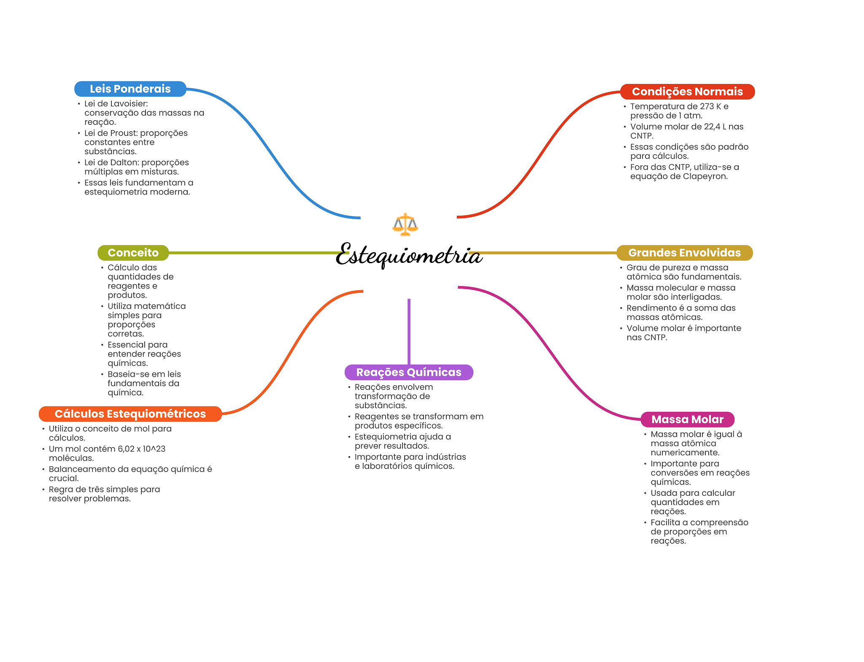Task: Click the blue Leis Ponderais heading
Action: pyautogui.click(x=130, y=89)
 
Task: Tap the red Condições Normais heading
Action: pyautogui.click(x=687, y=92)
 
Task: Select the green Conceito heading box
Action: pyautogui.click(x=133, y=253)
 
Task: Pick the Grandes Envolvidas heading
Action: pyautogui.click(x=684, y=253)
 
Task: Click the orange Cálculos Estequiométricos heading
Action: pyautogui.click(x=130, y=414)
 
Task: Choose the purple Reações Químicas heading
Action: pyautogui.click(x=408, y=372)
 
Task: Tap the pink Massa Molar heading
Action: pyautogui.click(x=687, y=419)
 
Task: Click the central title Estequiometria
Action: pyautogui.click(x=408, y=255)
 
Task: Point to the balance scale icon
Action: pyautogui.click(x=405, y=224)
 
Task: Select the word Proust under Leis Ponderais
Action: pyautogui.click(x=124, y=133)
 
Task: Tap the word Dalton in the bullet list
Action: pyautogui.click(x=124, y=163)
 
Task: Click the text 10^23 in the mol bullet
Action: pyautogui.click(x=154, y=449)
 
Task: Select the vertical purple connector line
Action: pyautogui.click(x=409, y=331)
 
